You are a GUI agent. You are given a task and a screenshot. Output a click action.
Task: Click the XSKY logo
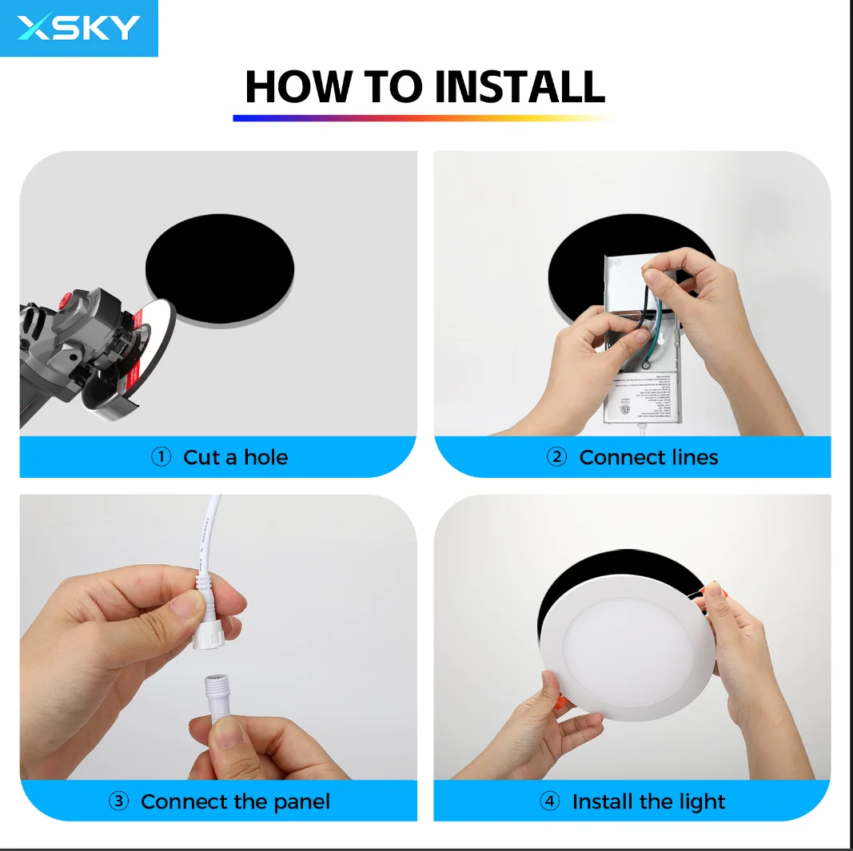click(78, 28)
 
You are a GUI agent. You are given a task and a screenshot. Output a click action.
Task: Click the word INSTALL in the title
click(519, 87)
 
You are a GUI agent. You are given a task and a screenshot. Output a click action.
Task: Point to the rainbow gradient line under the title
click(424, 118)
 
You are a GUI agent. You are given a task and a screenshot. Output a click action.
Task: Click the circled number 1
click(161, 457)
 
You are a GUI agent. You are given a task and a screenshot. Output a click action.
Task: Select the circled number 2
click(556, 457)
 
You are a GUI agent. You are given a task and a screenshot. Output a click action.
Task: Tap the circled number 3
click(118, 801)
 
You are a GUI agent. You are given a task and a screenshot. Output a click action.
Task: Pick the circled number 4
click(550, 801)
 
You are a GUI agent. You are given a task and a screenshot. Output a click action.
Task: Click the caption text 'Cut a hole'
click(235, 457)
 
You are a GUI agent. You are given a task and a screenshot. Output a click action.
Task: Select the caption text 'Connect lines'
click(648, 457)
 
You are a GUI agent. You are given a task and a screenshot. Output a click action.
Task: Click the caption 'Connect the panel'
click(235, 801)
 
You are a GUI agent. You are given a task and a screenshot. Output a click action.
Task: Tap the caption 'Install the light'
click(648, 801)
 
